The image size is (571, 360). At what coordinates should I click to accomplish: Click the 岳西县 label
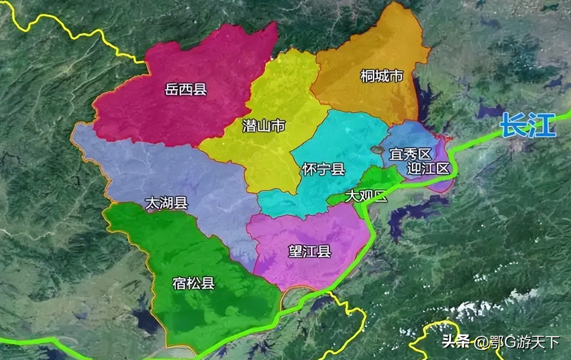pyautogui.click(x=186, y=90)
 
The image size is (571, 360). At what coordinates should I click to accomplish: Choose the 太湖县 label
pyautogui.click(x=166, y=203)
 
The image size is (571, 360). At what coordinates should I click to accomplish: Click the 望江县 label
pyautogui.click(x=310, y=252)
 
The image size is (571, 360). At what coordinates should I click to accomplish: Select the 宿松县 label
pyautogui.click(x=193, y=283)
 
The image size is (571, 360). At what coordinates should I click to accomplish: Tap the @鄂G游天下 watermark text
pyautogui.click(x=516, y=342)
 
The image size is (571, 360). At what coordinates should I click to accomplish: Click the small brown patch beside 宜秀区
pyautogui.click(x=378, y=150)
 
